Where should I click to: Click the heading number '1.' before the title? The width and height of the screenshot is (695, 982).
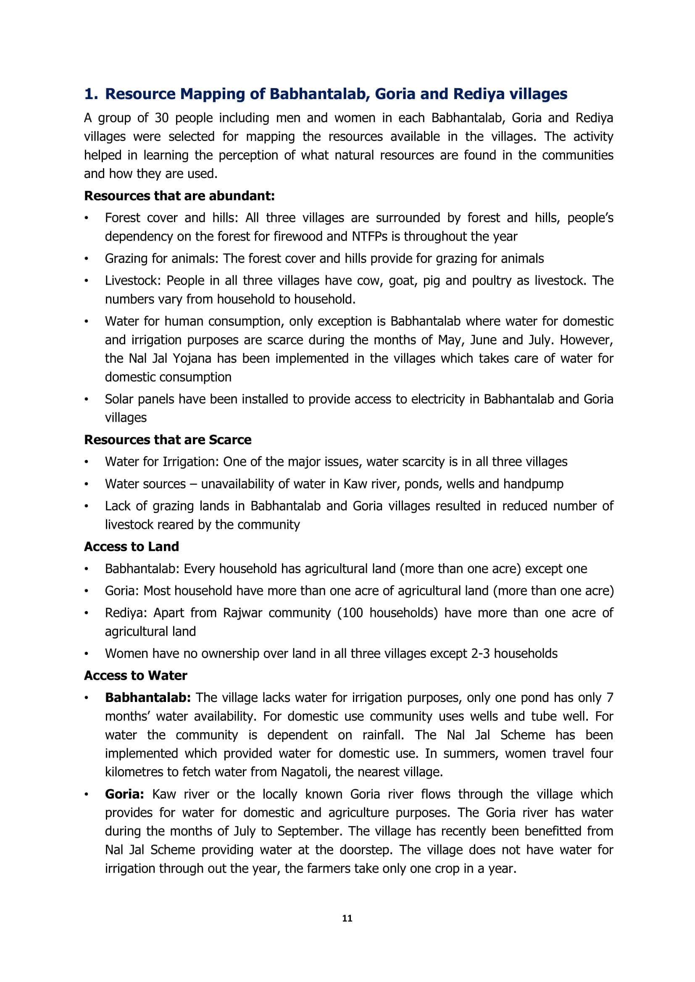tap(92, 94)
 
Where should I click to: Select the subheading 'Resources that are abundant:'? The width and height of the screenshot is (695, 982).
tap(179, 196)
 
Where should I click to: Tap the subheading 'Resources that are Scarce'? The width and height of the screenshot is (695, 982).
tap(167, 440)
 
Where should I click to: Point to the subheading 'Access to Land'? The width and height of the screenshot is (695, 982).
tap(132, 547)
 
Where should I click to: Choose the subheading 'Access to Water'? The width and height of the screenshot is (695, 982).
tap(135, 676)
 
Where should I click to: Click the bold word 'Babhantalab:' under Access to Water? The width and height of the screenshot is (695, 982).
tap(147, 698)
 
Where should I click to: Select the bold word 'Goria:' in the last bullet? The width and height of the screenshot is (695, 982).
tap(124, 794)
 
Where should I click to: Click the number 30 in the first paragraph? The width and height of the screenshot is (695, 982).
tap(162, 118)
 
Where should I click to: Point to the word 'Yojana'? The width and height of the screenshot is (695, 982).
tap(192, 359)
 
